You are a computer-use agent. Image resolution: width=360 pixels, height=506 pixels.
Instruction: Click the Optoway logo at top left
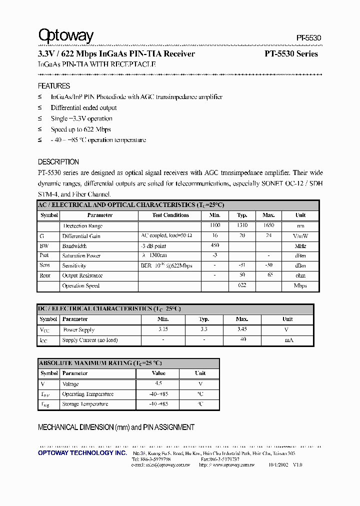click(66, 35)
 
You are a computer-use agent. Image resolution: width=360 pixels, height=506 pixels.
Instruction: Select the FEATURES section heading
click(54, 86)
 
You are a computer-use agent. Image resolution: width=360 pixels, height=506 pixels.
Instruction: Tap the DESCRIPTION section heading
click(58, 162)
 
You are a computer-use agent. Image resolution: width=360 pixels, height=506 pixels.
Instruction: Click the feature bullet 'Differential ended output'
click(83, 107)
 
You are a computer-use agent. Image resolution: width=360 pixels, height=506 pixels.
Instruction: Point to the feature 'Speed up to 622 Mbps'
click(80, 129)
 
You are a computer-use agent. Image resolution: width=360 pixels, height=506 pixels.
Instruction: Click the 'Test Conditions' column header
click(170, 215)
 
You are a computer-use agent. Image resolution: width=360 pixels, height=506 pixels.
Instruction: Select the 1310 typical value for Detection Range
click(242, 226)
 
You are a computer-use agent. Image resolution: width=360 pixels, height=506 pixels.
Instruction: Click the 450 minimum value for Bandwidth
click(215, 245)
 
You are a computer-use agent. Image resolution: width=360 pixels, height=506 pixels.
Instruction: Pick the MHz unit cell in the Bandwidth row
click(300, 246)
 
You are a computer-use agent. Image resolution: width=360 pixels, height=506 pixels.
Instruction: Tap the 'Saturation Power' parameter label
click(81, 255)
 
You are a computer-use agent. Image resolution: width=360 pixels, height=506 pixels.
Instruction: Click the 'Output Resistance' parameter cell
click(82, 275)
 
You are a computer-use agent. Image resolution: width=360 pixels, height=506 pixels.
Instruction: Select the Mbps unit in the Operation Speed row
click(300, 286)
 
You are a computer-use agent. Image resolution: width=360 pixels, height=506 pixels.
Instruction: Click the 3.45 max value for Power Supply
click(242, 329)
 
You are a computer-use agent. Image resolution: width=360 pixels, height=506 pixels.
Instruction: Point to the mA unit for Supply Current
click(289, 340)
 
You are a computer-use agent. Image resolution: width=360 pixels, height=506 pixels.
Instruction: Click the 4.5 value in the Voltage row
click(158, 383)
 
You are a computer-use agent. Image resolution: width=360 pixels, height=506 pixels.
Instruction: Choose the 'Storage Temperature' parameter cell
click(85, 404)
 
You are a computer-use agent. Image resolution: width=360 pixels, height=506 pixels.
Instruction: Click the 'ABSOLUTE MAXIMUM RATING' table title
click(100, 363)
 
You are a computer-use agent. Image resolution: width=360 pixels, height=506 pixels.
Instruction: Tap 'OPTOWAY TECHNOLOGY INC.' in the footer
click(82, 452)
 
